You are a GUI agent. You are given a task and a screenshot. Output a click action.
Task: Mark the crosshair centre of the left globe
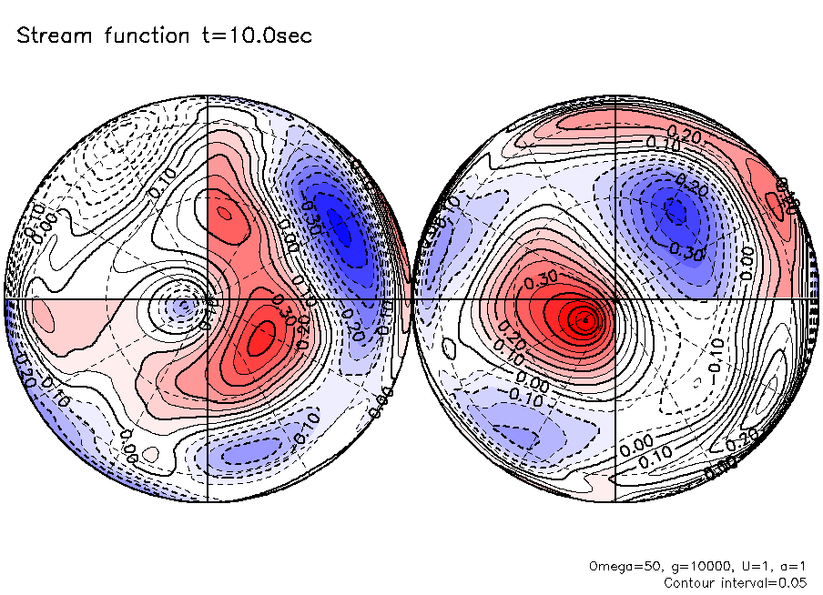[208, 298]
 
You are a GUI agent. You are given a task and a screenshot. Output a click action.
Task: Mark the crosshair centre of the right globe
[615, 298]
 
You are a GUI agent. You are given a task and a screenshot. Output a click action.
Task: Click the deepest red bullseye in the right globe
[585, 319]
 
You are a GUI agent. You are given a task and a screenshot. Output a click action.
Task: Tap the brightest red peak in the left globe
[264, 332]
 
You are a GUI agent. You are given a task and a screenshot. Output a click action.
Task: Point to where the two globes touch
[411, 298]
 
